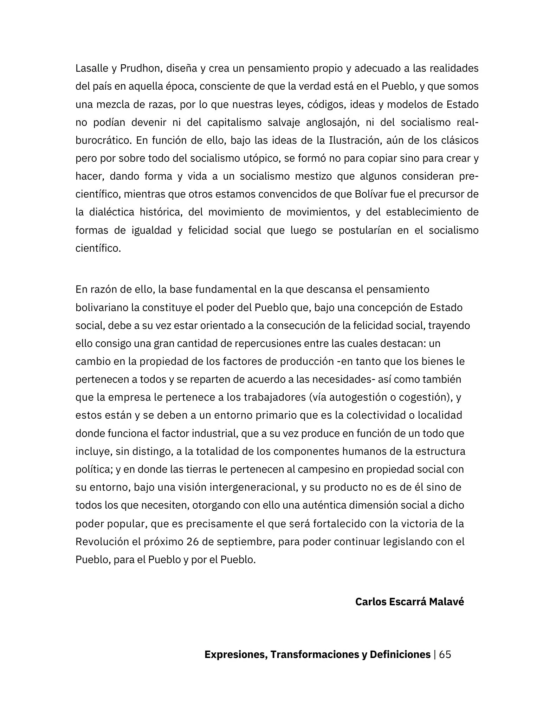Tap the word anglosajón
pyautogui.click(x=332, y=123)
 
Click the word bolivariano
pyautogui.click(x=102, y=308)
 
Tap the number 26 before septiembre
pyautogui.click(x=193, y=542)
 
